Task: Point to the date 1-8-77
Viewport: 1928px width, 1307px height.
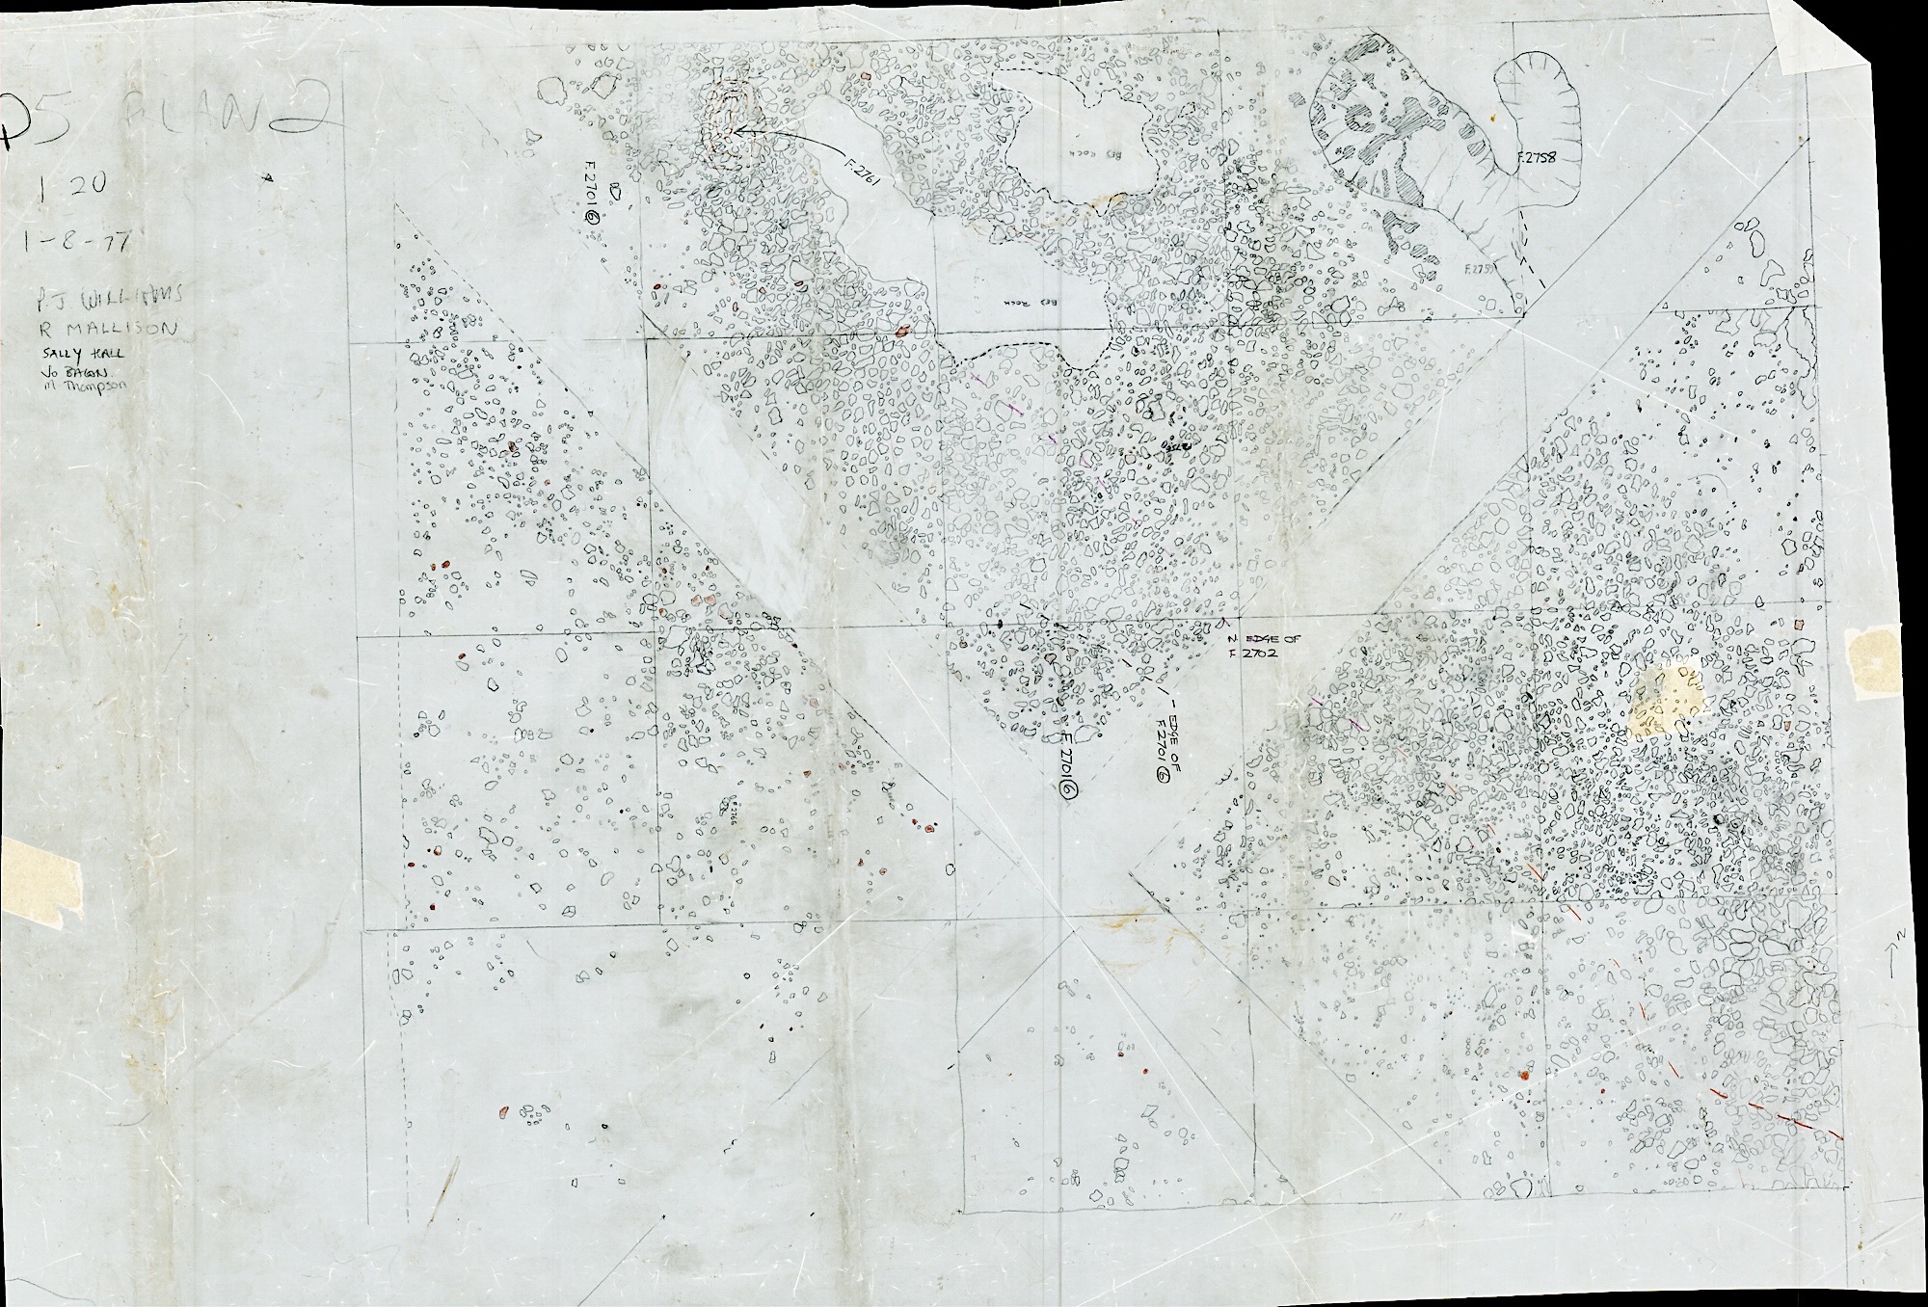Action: tap(69, 240)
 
